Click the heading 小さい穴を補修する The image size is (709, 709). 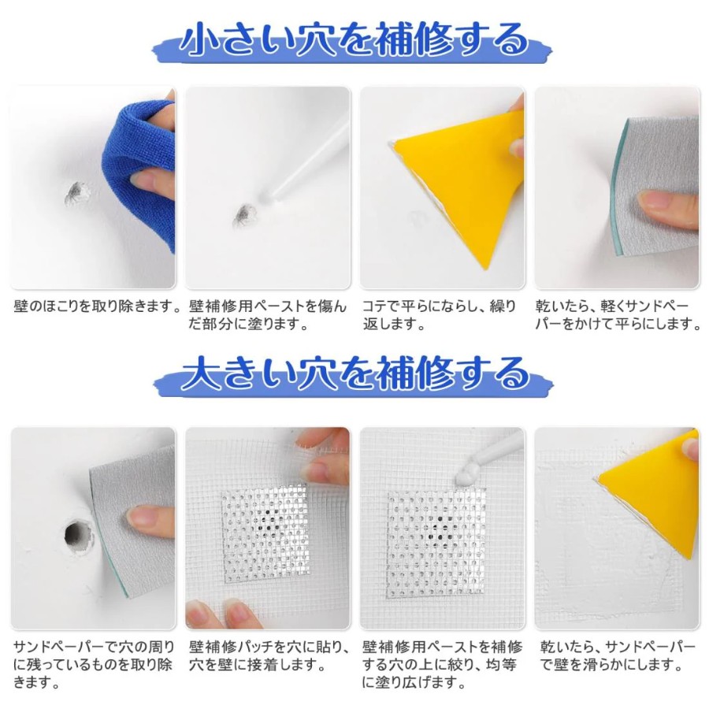[354, 40]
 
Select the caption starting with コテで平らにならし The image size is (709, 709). [439, 315]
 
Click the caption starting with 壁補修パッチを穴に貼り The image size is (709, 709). [269, 655]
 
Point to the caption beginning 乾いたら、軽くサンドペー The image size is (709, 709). [618, 315]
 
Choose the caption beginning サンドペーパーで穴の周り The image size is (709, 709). [94, 664]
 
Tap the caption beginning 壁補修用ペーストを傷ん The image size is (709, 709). [268, 315]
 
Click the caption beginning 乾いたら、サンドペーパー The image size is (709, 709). [618, 655]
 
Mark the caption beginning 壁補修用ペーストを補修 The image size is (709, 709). [442, 664]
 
